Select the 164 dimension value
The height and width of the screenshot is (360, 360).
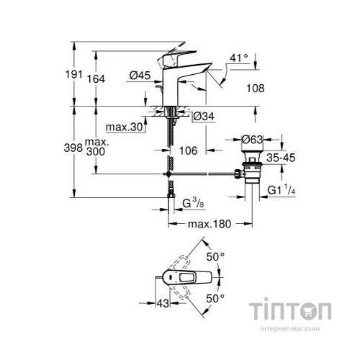tap(105, 79)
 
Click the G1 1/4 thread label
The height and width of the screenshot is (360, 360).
tap(282, 190)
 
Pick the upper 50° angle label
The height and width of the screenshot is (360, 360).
tap(217, 256)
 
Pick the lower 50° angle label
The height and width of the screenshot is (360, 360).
tap(217, 296)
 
